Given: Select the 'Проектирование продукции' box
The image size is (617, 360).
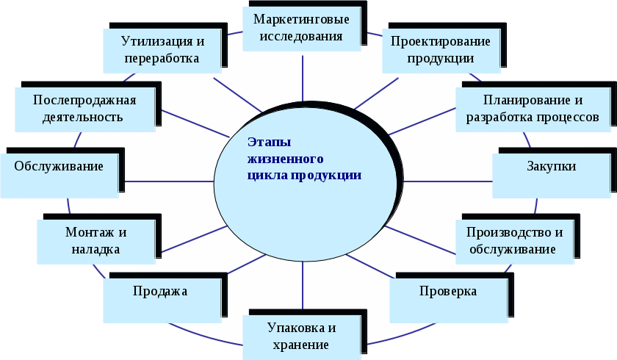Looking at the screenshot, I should tap(441, 49).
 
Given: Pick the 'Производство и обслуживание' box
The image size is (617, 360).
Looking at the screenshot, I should tap(514, 241).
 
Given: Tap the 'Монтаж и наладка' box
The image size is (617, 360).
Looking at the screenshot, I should tap(97, 241).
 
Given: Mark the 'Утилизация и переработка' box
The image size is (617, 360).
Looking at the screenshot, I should tap(162, 49).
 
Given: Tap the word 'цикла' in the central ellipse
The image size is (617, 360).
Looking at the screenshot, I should tap(266, 176).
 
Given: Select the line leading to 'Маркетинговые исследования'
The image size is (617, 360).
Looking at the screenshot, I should tap(303, 77).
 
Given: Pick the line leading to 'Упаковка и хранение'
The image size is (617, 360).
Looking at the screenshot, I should tap(303, 287).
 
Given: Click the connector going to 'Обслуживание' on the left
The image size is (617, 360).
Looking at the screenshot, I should tap(169, 181).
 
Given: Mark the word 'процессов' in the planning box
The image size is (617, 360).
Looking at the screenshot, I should tap(570, 117).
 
